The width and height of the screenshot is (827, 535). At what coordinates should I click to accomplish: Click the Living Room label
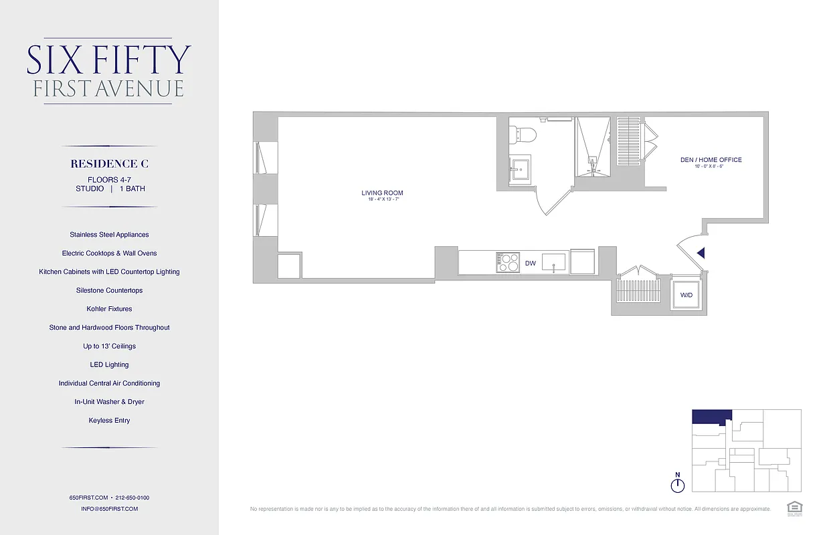pos(382,193)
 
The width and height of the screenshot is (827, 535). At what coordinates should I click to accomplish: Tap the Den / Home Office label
pos(711,160)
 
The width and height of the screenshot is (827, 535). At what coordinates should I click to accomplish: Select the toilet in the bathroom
pos(522,133)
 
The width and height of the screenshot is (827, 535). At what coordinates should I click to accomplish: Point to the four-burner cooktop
pos(508,262)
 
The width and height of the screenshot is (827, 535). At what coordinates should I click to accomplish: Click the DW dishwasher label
pos(530,263)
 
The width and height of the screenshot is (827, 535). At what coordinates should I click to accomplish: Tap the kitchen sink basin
pos(554,262)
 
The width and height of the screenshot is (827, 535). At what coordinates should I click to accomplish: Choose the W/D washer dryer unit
pos(686,295)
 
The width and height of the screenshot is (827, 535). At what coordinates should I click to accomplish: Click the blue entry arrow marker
pos(701,253)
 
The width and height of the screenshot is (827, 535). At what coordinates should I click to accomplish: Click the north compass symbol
pos(678,484)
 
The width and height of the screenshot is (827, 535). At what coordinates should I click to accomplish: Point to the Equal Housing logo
pos(794,508)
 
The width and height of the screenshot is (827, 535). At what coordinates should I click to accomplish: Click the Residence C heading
pos(110,164)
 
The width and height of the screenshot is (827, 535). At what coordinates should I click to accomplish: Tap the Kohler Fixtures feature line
pos(110,309)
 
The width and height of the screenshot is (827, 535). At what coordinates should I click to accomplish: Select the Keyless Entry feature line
pos(110,421)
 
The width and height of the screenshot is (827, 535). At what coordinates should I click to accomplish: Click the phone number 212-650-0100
pos(132,498)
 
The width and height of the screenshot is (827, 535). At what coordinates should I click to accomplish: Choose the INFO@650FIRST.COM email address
pos(110,509)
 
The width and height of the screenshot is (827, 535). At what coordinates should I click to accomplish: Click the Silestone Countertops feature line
pos(110,290)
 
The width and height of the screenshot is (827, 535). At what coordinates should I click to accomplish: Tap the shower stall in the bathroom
pos(593,147)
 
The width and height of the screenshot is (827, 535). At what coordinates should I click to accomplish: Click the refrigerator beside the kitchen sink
pos(582,261)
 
